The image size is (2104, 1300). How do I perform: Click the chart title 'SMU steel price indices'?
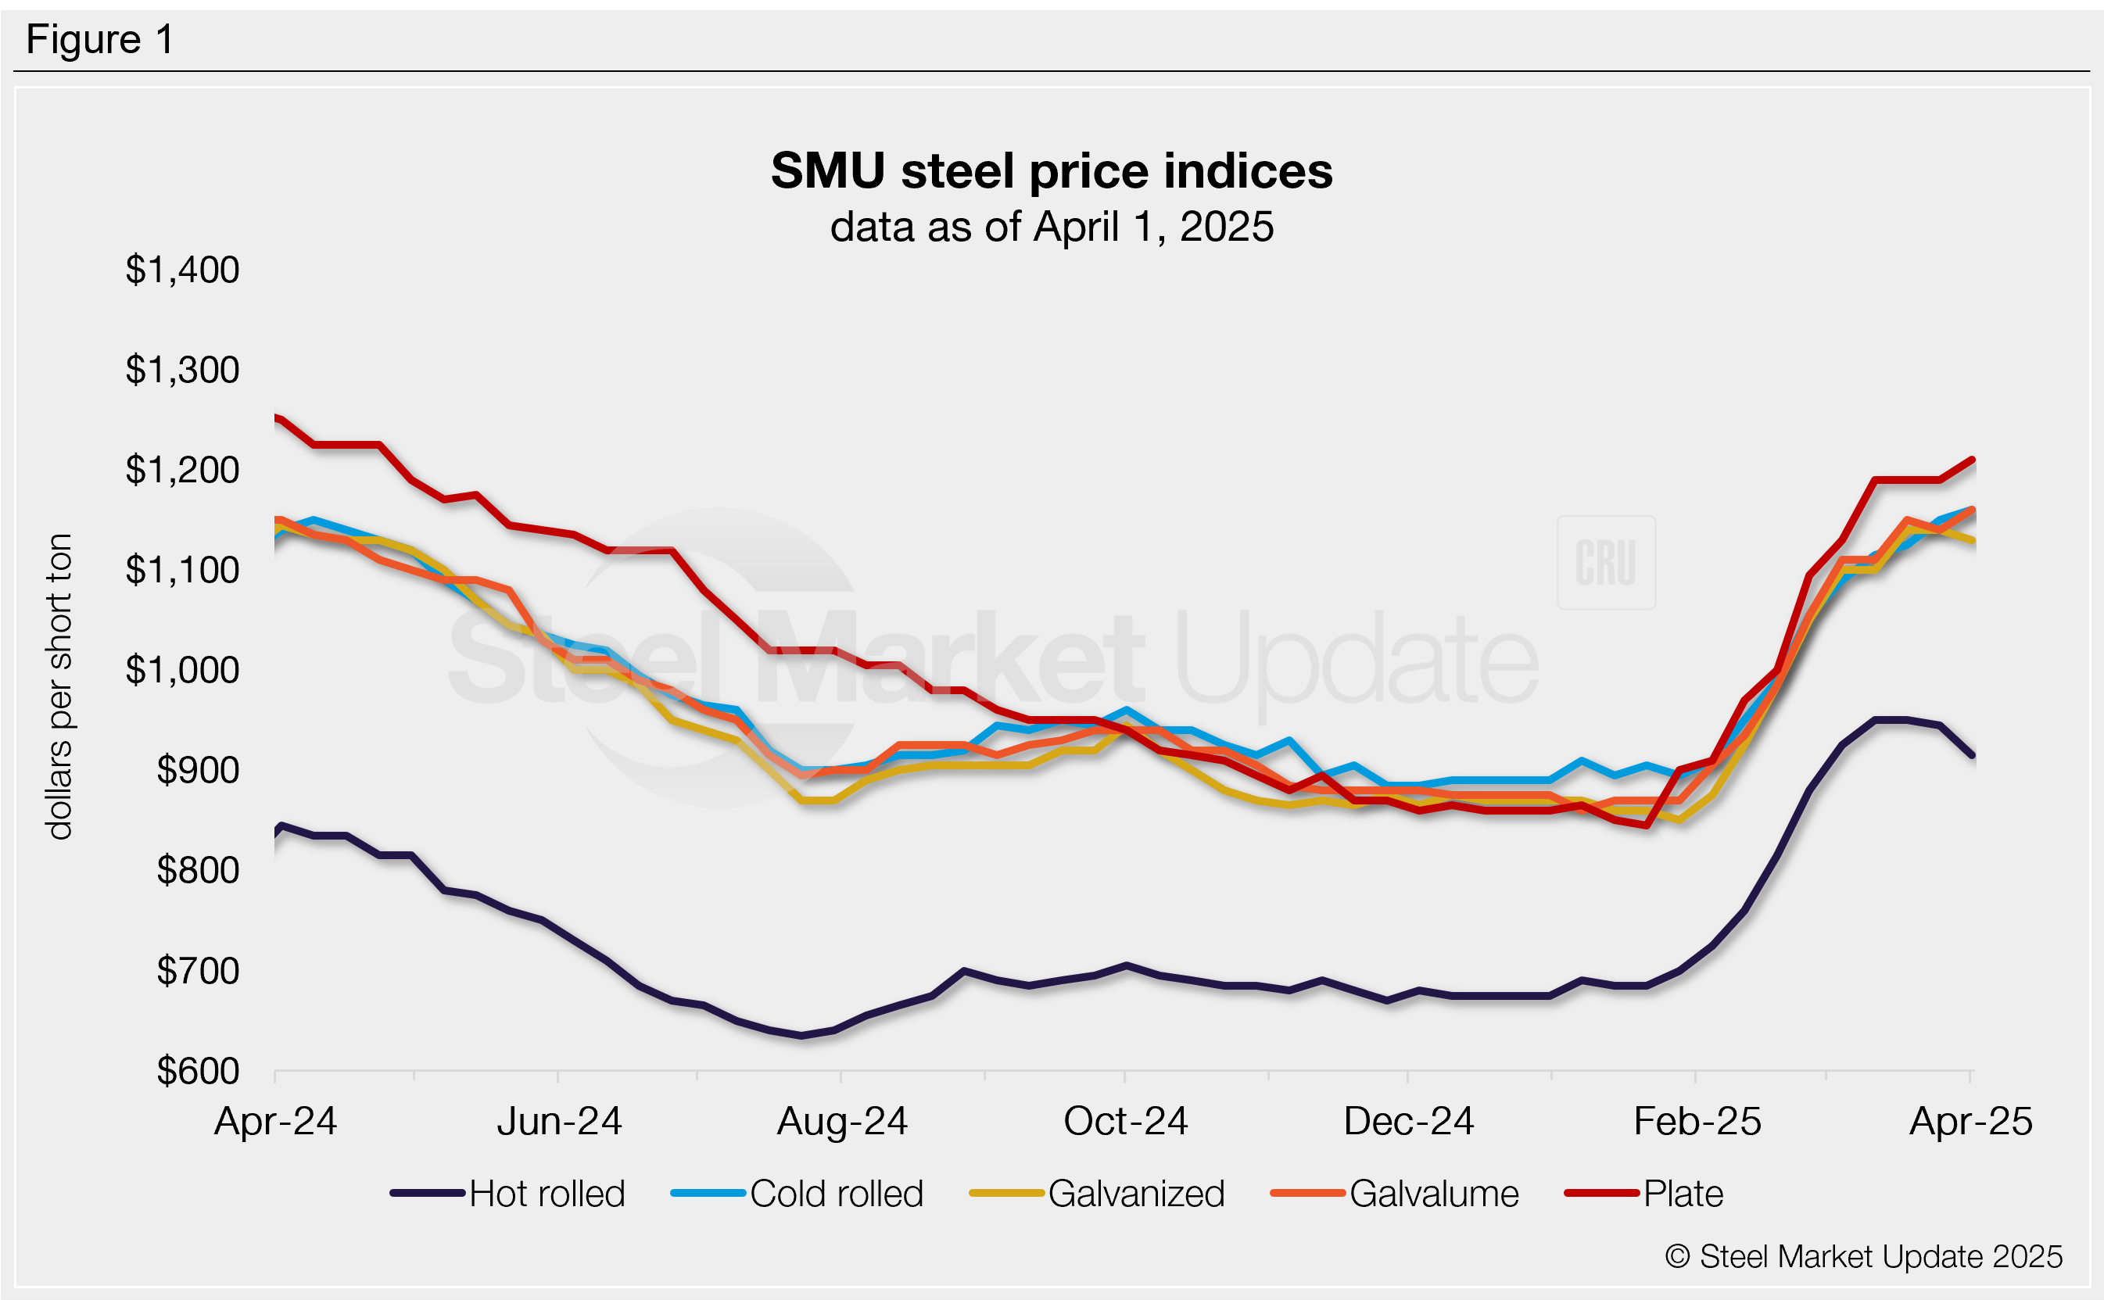1051,170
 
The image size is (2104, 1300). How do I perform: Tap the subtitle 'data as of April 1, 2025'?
1051,227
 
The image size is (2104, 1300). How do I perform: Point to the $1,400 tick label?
182,270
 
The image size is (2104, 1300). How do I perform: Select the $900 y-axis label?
198,770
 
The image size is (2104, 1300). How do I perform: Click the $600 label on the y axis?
198,1071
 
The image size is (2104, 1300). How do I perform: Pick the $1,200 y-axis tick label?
182,471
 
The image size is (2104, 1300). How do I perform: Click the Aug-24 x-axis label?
842,1121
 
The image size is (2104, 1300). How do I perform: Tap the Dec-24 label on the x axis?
1408,1121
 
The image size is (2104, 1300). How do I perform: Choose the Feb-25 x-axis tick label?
1697,1121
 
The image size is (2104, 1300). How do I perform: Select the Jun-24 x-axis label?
559,1121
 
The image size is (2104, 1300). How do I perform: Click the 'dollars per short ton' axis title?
59,686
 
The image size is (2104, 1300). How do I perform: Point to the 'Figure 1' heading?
100,40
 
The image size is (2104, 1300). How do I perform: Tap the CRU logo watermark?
1605,562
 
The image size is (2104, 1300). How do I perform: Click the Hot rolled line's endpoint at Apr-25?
1973,755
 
